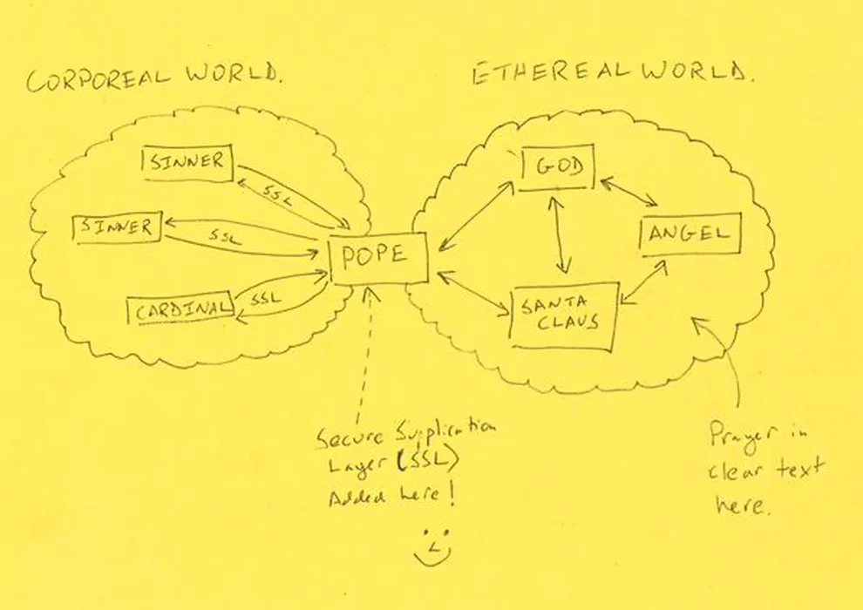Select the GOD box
pos(557,168)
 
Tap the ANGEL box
pos(690,234)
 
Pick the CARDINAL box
pos(180,309)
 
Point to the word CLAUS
pos(566,323)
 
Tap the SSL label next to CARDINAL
pos(265,298)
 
